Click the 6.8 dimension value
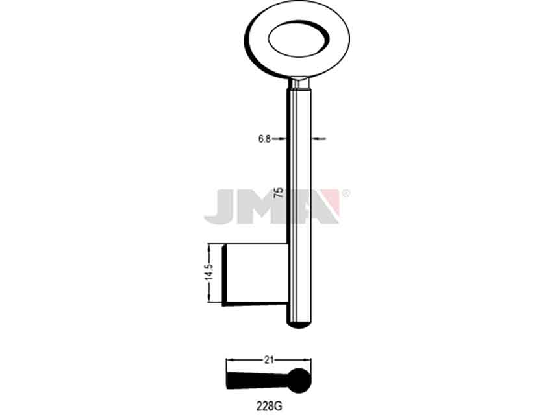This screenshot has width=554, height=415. (x=264, y=139)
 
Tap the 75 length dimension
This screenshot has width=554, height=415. (x=279, y=193)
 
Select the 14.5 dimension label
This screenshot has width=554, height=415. (x=209, y=272)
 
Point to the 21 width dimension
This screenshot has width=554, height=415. (x=269, y=360)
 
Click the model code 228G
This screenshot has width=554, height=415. (x=270, y=406)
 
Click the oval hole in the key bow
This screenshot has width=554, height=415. (x=299, y=39)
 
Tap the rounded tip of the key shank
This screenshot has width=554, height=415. (x=299, y=325)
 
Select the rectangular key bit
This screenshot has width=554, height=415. (x=255, y=274)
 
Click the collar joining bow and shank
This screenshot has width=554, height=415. (x=299, y=83)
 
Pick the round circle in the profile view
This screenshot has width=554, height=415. (x=299, y=381)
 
